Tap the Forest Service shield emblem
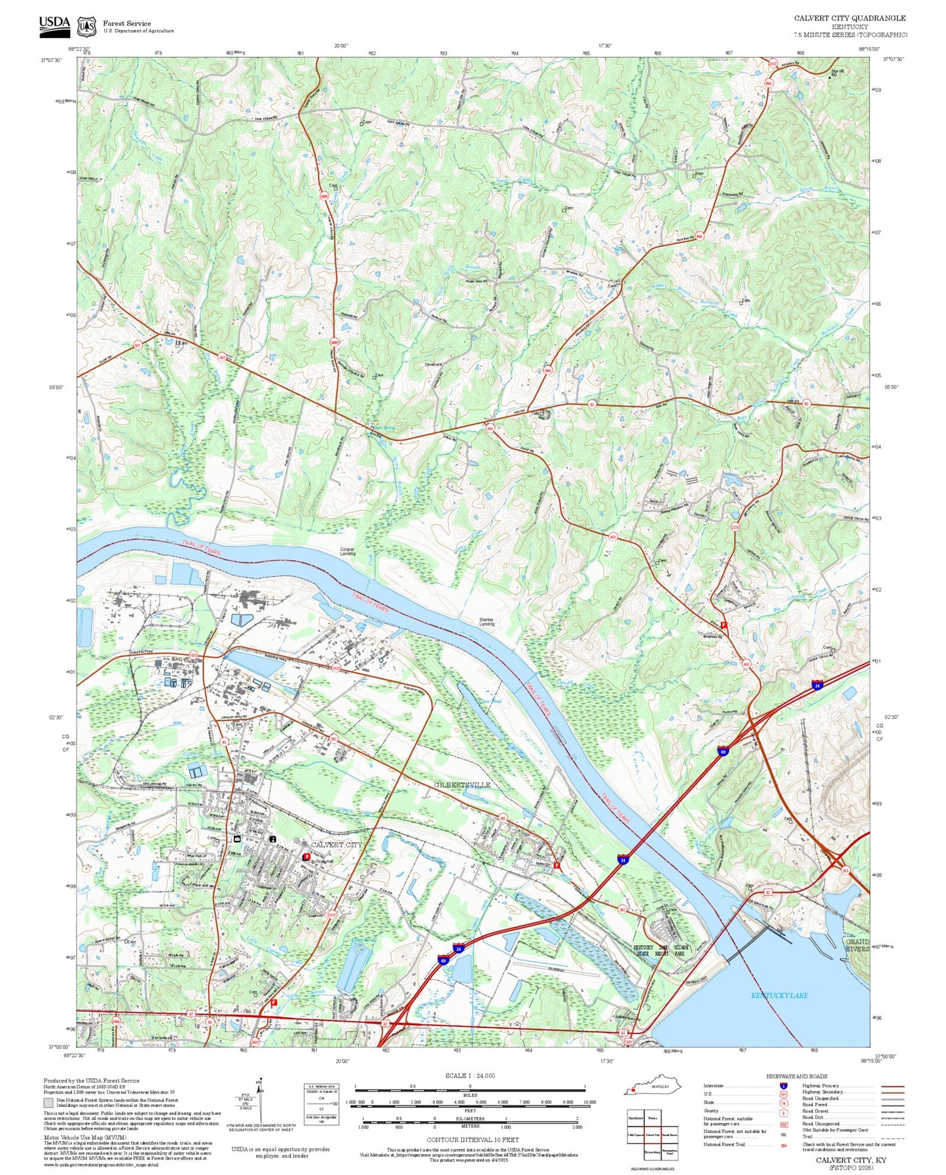86,26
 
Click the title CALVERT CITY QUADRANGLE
850,18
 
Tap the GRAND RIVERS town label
856,945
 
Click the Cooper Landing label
348,551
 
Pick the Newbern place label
433,364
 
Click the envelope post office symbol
237,838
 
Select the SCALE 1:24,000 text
470,1075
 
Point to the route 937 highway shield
137,345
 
